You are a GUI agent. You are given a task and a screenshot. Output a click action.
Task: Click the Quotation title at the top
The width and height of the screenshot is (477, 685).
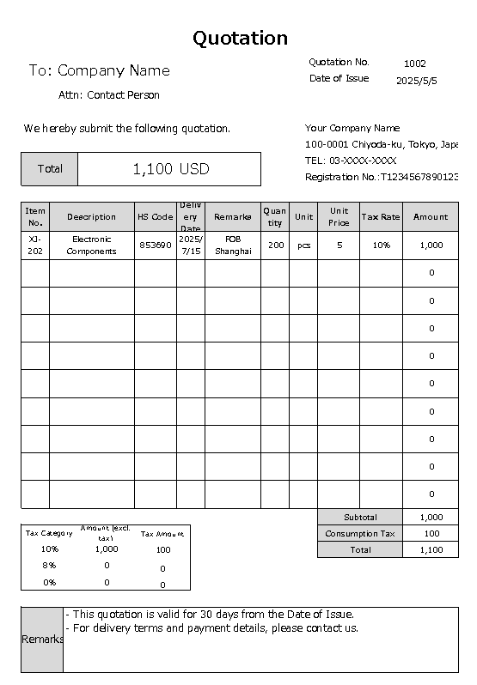coord(240,38)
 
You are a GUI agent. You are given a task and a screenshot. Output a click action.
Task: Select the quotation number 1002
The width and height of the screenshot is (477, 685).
coord(414,63)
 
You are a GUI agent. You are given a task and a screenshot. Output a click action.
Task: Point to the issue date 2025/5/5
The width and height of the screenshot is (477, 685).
coord(417,80)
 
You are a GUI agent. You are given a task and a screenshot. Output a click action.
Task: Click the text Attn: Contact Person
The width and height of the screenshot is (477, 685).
coord(109,95)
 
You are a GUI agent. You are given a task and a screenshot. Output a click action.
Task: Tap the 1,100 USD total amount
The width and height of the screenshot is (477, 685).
coord(170,169)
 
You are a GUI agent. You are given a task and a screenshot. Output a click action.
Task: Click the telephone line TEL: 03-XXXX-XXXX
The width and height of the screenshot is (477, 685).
coord(351,161)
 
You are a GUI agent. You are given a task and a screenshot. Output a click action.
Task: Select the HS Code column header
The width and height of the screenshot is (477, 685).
coord(156,217)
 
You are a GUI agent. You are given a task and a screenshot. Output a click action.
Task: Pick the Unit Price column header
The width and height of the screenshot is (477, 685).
coord(339,217)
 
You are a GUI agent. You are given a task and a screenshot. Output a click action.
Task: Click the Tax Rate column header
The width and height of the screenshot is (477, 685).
coord(381,217)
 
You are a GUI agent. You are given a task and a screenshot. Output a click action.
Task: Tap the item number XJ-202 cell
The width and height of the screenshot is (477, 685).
coord(35,246)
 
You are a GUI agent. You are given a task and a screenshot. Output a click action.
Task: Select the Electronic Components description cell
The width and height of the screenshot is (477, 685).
coord(92,246)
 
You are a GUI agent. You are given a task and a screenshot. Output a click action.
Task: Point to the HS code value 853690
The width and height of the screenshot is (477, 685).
coord(156,246)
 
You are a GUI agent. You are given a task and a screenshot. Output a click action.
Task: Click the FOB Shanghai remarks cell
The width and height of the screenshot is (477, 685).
coord(233,246)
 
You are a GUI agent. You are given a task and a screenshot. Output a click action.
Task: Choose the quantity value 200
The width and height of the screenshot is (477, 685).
coord(275,246)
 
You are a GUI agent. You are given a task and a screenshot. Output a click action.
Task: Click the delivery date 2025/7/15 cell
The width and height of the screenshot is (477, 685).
coord(191,246)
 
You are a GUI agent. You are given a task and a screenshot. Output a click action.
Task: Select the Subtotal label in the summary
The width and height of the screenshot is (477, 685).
coord(360,518)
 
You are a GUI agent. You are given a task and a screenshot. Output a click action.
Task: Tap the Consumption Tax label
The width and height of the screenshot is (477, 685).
coord(360,534)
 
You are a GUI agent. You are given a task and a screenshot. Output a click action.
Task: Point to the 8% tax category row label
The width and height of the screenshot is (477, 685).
coord(49,566)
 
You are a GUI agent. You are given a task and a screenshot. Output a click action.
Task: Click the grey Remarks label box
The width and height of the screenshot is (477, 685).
coord(42,640)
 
